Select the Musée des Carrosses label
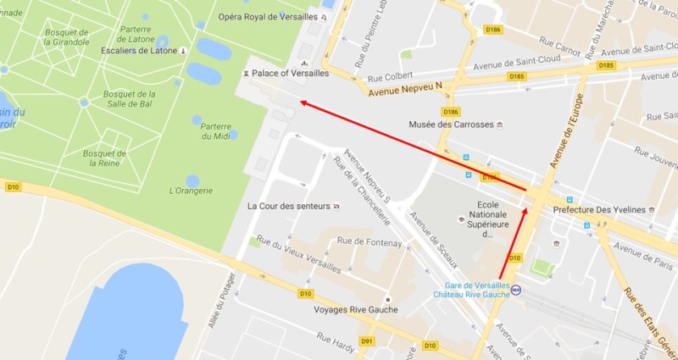point(451,125)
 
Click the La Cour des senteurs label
point(288,206)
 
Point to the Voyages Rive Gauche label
point(356,309)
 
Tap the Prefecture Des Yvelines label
point(598,209)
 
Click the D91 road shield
point(367,341)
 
